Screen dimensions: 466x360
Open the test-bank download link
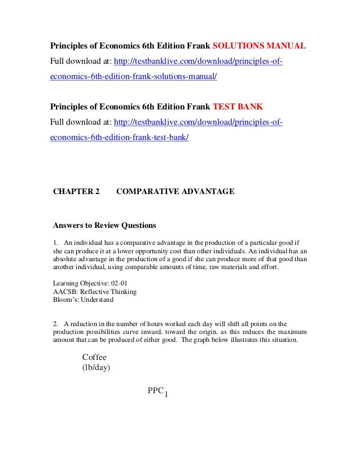[198, 122]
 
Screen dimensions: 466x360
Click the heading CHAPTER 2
[76, 192]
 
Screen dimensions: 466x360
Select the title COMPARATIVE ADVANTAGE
[175, 192]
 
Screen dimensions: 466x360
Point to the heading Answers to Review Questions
[104, 226]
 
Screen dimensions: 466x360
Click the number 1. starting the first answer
[55, 243]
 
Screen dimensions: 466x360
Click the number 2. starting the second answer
[55, 324]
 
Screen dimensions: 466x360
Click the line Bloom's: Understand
[83, 300]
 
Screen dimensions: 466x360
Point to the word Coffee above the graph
[94, 358]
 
